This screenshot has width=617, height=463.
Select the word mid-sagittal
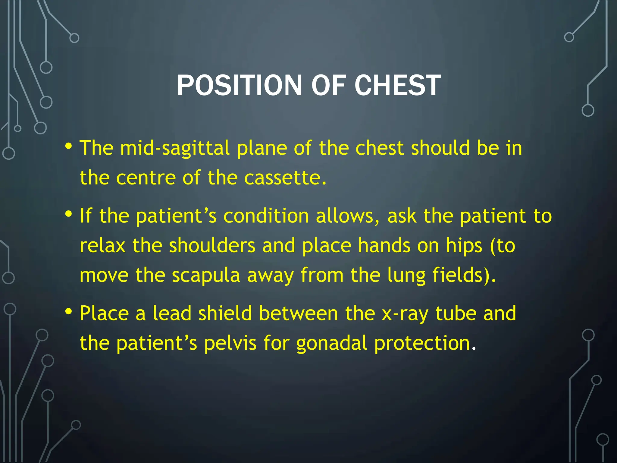175,148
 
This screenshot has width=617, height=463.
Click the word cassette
285,178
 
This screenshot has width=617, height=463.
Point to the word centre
146,178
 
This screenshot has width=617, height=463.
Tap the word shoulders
212,246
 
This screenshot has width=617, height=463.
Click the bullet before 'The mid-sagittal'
69,146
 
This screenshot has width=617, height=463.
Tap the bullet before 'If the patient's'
69,214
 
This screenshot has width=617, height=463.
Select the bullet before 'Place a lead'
69,312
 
